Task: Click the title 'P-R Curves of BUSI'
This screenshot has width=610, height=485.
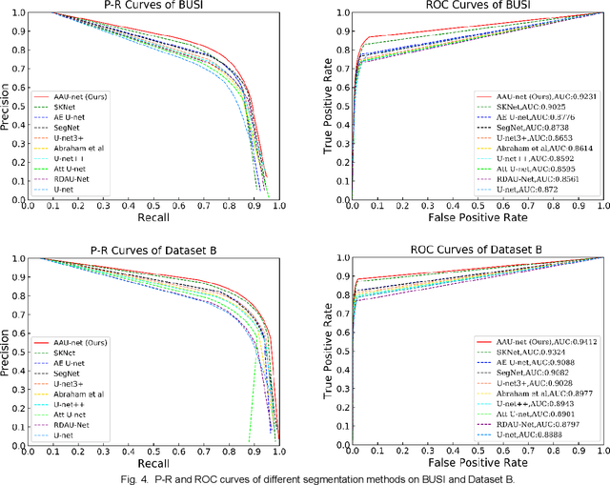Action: pyautogui.click(x=159, y=8)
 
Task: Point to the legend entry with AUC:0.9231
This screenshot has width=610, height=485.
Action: pyautogui.click(x=536, y=97)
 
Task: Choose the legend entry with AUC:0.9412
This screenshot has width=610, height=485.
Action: pyautogui.click(x=537, y=340)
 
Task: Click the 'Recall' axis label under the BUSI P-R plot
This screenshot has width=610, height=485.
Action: pyautogui.click(x=158, y=216)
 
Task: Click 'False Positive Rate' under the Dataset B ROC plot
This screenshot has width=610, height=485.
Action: pyautogui.click(x=464, y=461)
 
